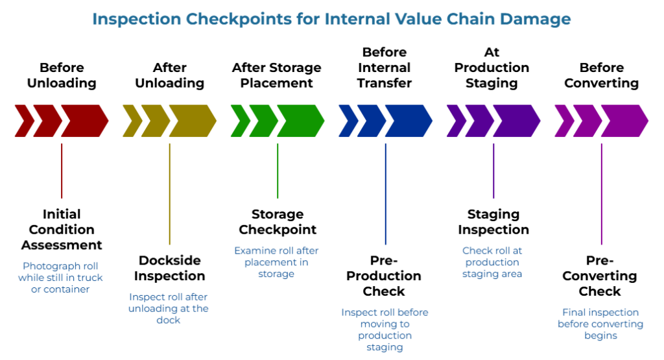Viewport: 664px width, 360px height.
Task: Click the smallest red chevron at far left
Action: pyautogui.click(x=23, y=121)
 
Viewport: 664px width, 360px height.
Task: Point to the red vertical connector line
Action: pyautogui.click(x=62, y=171)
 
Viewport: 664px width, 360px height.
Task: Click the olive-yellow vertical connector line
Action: pyautogui.click(x=169, y=194)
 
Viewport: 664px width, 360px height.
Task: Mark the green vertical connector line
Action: pyautogui.click(x=278, y=171)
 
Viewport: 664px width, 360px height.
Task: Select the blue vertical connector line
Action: pyautogui.click(x=385, y=194)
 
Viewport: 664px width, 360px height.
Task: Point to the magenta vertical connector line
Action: pyautogui.click(x=601, y=194)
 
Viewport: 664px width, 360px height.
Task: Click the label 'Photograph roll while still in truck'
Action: pyautogui.click(x=60, y=278)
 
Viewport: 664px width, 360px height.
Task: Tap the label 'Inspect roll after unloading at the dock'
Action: pyautogui.click(x=169, y=308)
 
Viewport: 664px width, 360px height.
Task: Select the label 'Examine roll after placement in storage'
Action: pyautogui.click(x=276, y=262)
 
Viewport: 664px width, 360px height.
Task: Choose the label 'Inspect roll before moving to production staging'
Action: pyautogui.click(x=385, y=330)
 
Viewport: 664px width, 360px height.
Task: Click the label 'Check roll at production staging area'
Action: pyautogui.click(x=492, y=262)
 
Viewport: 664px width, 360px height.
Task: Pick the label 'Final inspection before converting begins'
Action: pyautogui.click(x=600, y=324)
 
